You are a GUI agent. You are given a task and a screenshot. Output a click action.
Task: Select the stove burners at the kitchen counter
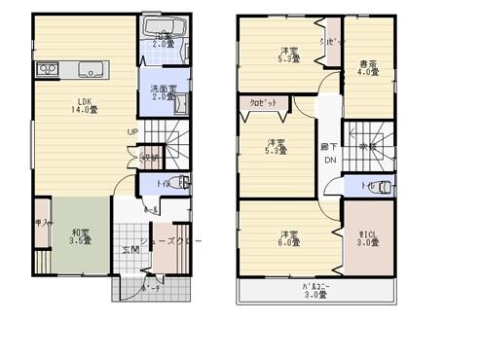click(46, 69)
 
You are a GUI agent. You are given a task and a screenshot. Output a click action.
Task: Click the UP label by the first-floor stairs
click(130, 133)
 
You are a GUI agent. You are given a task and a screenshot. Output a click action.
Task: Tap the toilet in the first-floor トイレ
click(182, 182)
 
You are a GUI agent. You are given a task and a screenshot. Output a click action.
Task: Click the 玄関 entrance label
click(129, 250)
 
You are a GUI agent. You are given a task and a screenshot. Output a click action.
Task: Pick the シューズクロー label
click(171, 239)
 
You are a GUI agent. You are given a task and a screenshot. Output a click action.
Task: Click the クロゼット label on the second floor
click(260, 101)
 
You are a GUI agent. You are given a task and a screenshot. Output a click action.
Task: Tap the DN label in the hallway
click(329, 160)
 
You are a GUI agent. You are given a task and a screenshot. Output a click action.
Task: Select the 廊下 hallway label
click(329, 147)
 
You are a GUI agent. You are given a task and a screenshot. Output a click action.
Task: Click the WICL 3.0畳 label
click(368, 238)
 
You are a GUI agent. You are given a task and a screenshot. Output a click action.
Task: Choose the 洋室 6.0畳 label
click(287, 239)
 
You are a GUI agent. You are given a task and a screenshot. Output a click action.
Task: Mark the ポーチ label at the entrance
click(149, 290)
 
